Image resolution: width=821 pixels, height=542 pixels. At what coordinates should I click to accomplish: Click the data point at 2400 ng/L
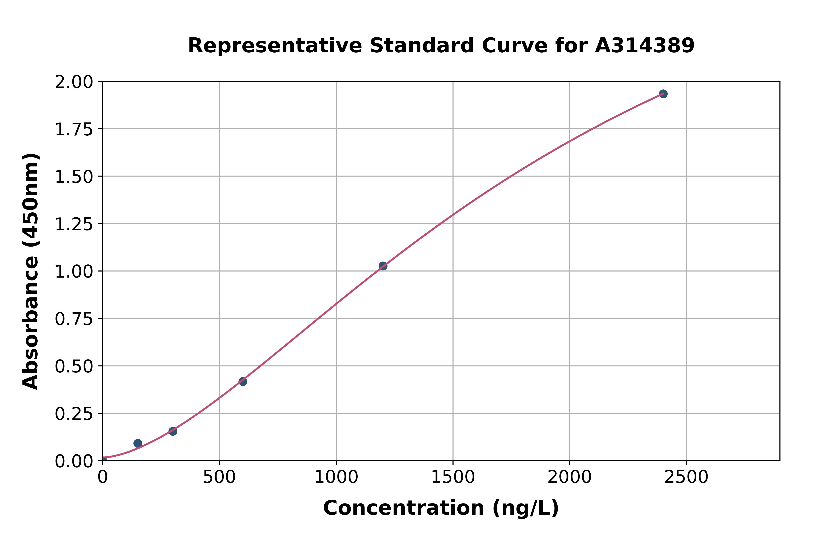point(663,94)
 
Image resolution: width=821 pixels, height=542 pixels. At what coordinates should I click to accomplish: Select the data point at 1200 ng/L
point(383,266)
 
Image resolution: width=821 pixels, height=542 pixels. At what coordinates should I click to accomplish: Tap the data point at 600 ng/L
point(243,381)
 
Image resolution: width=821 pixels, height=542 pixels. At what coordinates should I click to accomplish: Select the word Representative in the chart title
point(275,46)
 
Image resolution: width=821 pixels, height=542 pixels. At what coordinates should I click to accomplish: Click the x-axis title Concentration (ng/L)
point(441,508)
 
